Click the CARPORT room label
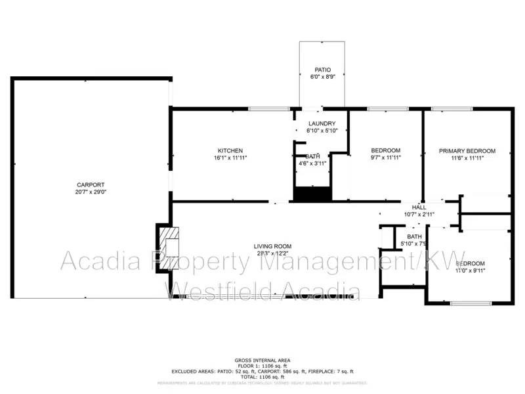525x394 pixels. [91, 185]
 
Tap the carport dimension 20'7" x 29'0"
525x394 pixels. [91, 192]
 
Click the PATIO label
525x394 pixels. [322, 70]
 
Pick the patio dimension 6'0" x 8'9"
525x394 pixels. [322, 77]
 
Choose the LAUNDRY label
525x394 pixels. [322, 123]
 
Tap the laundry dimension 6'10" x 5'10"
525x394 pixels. [322, 131]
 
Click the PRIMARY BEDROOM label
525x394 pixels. [467, 150]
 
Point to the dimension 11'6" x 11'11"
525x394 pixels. [467, 158]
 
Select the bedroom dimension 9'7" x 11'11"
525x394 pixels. [385, 158]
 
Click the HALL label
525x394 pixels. [419, 207]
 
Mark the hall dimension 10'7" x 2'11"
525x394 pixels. [419, 214]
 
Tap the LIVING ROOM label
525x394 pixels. [273, 246]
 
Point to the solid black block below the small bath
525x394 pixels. [312, 194]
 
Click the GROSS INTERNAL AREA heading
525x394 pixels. [262, 360]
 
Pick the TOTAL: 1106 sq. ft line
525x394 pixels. [262, 376]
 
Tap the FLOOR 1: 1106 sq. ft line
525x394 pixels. [262, 365]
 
